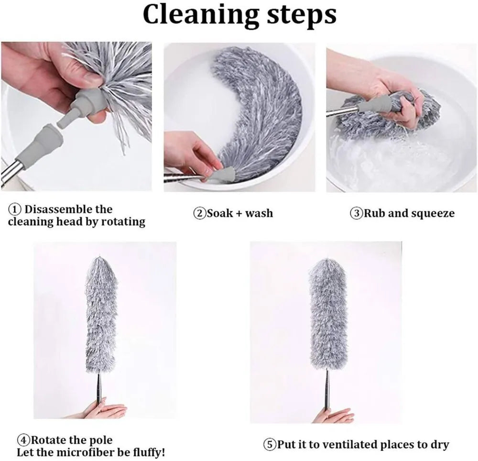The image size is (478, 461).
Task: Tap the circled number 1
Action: click(x=15, y=210)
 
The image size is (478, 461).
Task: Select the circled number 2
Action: click(x=200, y=213)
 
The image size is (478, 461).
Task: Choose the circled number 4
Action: click(x=23, y=440)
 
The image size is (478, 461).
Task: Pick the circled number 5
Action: click(x=270, y=444)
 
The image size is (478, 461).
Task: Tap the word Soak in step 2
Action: click(x=219, y=213)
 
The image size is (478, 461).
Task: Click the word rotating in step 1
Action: click(x=123, y=222)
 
